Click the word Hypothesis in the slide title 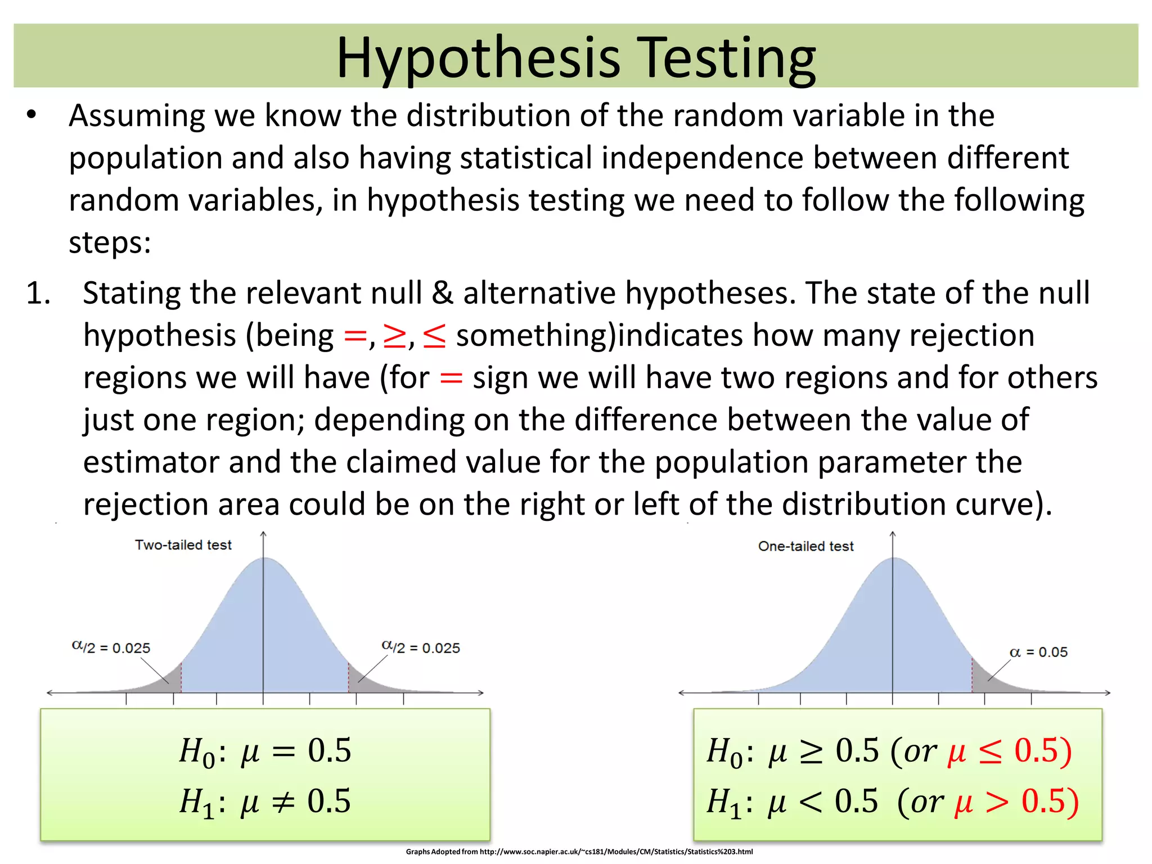[x=478, y=58]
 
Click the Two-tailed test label [x=183, y=544]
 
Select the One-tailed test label [x=805, y=546]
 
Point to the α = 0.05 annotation [x=1038, y=652]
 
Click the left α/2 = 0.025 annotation [x=111, y=647]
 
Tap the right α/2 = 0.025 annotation [x=421, y=647]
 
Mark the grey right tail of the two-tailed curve [x=363, y=682]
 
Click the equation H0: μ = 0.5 [x=265, y=750]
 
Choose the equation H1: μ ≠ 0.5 [x=265, y=801]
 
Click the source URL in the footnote [x=616, y=852]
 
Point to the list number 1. [x=38, y=293]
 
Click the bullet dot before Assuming [x=31, y=115]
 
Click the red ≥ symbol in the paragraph [x=394, y=336]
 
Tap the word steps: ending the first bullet [x=110, y=243]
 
